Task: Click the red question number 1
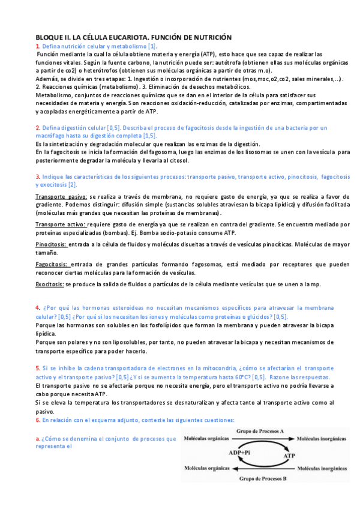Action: [37, 46]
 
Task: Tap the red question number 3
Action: [37, 177]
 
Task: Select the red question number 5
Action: [37, 368]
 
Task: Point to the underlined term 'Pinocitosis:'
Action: [52, 245]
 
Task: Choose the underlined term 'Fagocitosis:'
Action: [53, 264]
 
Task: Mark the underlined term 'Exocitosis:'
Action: [50, 283]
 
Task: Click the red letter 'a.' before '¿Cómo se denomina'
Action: [38, 439]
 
